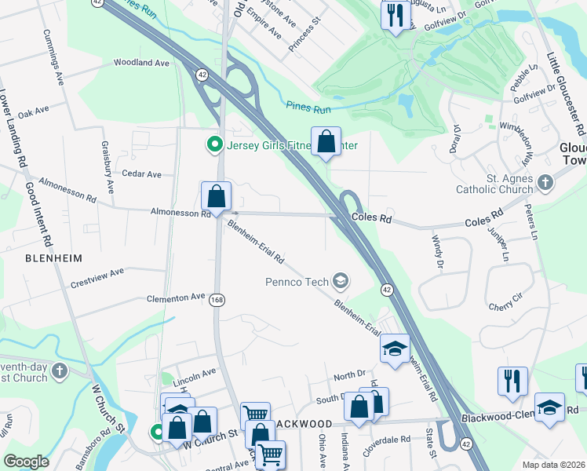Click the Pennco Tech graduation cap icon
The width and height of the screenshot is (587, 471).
(x=341, y=279)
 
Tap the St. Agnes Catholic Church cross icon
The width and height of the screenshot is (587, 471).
(x=546, y=183)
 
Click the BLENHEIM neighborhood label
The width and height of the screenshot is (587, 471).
(x=53, y=257)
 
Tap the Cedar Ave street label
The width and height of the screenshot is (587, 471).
(x=141, y=173)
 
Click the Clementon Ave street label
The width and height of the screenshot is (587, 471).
(x=176, y=298)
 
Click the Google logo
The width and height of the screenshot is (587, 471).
(x=26, y=462)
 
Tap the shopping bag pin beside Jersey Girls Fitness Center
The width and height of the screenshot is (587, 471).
(x=326, y=142)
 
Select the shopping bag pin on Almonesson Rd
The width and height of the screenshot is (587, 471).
(x=216, y=197)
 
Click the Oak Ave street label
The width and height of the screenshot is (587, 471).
(x=33, y=114)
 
